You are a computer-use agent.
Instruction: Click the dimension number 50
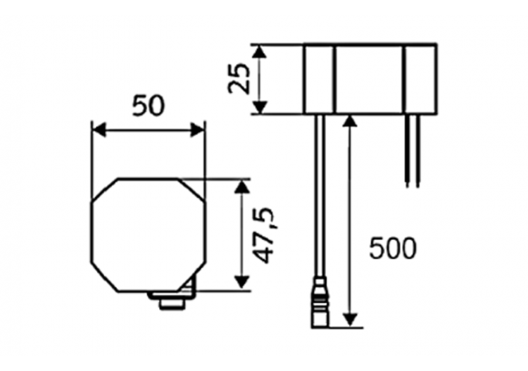148,105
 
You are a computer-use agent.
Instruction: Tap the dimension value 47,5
263,235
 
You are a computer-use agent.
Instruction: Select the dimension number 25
239,78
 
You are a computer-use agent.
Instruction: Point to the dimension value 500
393,248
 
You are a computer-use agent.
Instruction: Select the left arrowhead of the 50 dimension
98,130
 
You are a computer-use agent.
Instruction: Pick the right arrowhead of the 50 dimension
199,130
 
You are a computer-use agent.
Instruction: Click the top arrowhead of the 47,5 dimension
242,185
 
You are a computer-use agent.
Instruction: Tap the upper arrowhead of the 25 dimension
260,51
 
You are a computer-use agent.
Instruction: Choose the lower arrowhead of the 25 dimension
260,107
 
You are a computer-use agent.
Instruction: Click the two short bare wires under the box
412,151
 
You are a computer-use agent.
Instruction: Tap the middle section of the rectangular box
368,78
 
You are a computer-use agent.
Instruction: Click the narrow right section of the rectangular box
420,78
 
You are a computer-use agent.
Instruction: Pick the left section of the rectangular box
319,78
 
